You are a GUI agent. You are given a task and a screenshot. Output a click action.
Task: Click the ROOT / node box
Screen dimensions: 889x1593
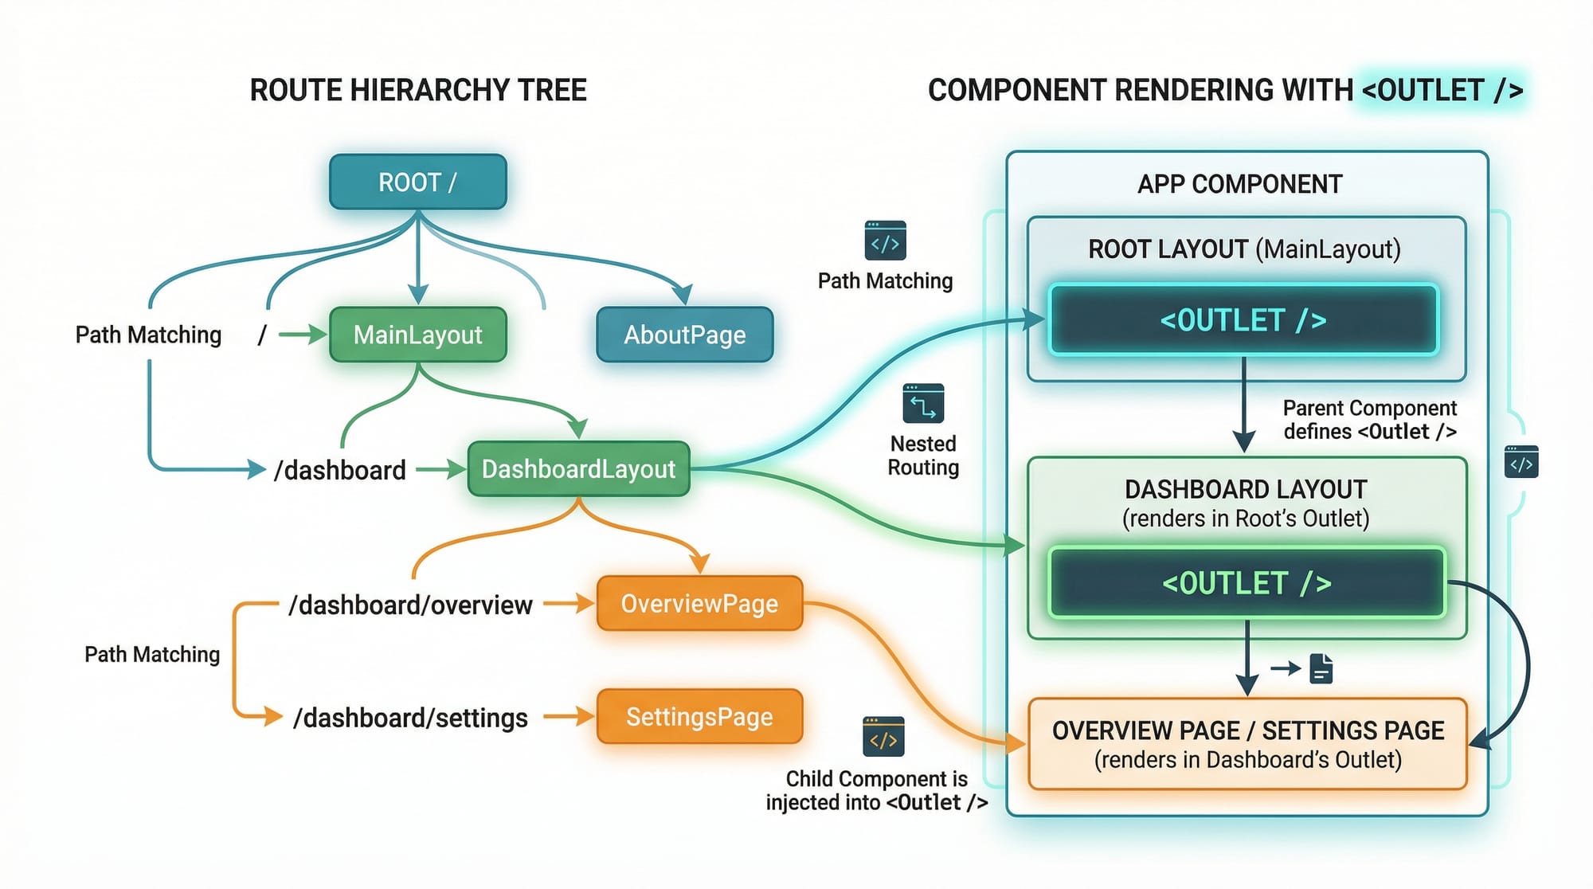417,182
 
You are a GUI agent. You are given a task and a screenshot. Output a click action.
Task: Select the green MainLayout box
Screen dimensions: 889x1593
417,335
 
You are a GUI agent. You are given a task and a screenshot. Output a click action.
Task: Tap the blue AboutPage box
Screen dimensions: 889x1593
684,335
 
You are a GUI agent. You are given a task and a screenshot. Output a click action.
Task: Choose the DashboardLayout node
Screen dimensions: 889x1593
578,469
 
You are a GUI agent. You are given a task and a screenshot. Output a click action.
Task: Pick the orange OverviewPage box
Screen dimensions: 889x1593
699,604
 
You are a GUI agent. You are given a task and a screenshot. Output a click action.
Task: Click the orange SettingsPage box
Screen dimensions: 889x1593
699,717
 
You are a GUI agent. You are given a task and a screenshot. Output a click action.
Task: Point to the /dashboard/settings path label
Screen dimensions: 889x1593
410,718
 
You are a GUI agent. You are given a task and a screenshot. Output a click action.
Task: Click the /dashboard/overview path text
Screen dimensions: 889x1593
410,605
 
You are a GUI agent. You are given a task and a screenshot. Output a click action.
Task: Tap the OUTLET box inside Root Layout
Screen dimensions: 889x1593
1243,320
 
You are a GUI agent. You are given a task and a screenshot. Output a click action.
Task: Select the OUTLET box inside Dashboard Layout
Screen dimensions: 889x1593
1247,583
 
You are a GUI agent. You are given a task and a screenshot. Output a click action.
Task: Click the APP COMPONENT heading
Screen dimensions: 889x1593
1239,185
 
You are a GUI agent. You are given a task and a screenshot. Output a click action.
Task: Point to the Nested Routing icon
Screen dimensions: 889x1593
923,404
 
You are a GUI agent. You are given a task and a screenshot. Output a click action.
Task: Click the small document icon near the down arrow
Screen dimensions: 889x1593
1321,669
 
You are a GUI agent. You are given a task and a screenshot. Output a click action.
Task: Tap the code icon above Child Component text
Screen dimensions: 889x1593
883,737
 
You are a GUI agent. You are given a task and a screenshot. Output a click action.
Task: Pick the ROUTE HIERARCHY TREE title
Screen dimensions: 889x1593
418,90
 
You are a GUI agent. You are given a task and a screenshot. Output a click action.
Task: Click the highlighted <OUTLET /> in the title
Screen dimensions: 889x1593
1442,90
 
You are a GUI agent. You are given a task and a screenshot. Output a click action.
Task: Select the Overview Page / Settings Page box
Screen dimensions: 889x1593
1247,744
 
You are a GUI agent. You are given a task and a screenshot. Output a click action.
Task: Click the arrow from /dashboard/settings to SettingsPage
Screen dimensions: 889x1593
568,717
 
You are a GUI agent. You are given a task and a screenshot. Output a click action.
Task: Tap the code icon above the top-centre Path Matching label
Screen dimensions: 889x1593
885,241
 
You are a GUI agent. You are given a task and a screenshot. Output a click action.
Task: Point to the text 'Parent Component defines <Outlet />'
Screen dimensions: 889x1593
1369,420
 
